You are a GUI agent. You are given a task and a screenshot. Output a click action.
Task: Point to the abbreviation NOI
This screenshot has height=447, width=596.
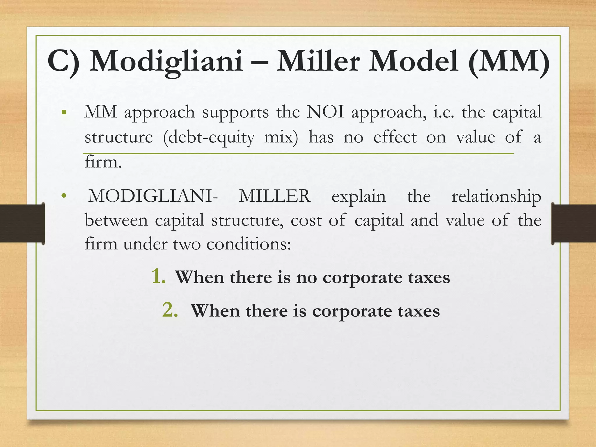325,112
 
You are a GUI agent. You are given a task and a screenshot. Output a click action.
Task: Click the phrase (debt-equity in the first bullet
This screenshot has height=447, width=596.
209,137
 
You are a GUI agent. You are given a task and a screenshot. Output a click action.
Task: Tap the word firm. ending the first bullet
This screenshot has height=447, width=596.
103,162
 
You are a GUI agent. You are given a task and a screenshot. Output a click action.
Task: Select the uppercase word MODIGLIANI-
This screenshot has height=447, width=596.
153,196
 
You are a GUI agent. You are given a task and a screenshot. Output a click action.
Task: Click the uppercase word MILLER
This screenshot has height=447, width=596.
275,196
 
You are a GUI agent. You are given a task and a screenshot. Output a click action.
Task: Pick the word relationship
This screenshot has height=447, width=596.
496,197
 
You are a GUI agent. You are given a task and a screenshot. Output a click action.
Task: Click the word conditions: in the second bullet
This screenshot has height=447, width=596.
249,244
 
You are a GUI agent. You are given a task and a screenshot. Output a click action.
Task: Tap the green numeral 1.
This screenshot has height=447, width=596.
159,276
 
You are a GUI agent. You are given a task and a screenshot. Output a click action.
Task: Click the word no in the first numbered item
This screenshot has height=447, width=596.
306,278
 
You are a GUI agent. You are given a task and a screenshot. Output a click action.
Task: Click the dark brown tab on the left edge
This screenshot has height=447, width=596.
22,223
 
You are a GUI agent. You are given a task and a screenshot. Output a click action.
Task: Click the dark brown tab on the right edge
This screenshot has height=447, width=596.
574,223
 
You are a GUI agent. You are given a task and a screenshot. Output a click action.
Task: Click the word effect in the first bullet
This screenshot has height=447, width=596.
395,137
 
